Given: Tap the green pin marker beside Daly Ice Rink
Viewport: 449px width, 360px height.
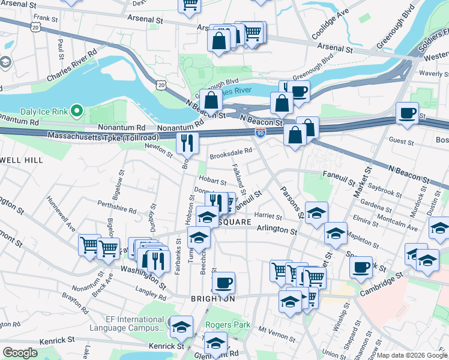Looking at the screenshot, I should [x=76, y=111].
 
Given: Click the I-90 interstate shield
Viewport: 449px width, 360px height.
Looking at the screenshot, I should [x=261, y=131].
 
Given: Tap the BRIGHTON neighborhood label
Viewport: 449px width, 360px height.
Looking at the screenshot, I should [x=205, y=298].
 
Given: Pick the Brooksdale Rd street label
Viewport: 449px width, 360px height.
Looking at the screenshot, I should [x=230, y=154].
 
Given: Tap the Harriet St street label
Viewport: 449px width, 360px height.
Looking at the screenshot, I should [x=268, y=216].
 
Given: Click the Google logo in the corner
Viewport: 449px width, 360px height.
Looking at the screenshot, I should [x=20, y=353].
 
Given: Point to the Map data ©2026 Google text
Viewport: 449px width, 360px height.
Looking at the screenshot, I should [x=411, y=355].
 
